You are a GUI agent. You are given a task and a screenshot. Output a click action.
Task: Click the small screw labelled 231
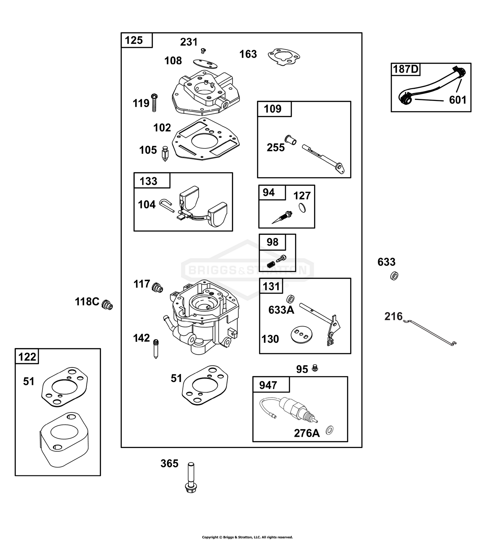[203, 50]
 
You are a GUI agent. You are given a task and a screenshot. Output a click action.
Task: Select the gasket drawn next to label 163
[284, 57]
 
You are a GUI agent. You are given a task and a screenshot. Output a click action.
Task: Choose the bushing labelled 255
[290, 140]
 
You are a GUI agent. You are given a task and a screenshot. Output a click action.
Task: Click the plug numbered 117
[157, 287]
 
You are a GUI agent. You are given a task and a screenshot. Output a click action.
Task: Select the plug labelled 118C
[107, 304]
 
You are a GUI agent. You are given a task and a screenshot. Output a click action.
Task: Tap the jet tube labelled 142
[156, 349]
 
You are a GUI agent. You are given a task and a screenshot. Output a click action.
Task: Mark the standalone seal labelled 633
[394, 276]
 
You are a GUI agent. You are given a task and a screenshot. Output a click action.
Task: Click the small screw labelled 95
[315, 368]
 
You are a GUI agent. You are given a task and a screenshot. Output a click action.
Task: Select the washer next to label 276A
[329, 429]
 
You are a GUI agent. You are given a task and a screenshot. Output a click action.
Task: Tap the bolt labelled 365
[190, 478]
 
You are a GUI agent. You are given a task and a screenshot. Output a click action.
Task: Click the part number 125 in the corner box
[134, 40]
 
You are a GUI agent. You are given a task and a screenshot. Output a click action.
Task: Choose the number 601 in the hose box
[458, 100]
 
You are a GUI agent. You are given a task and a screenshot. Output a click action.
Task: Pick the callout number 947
[268, 385]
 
